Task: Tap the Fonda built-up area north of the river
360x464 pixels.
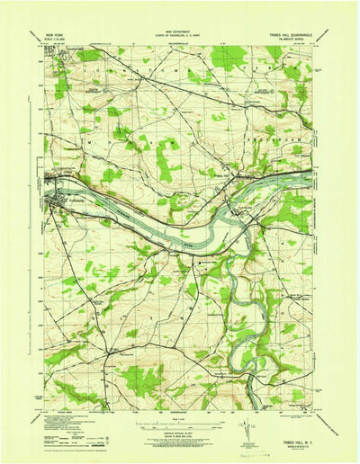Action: tap(54, 188)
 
